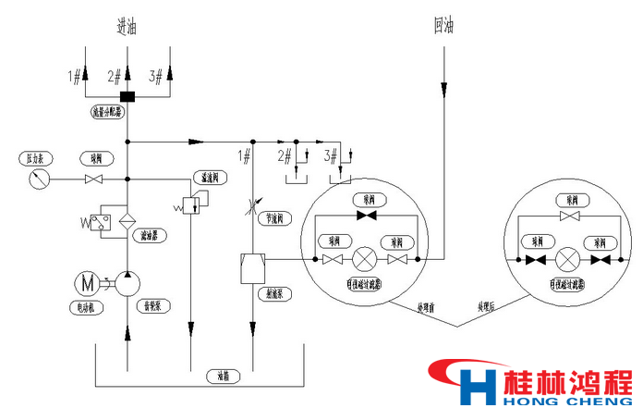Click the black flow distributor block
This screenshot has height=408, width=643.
point(127,97)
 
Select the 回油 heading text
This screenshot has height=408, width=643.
point(443,25)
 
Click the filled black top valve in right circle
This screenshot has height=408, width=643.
point(571,216)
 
